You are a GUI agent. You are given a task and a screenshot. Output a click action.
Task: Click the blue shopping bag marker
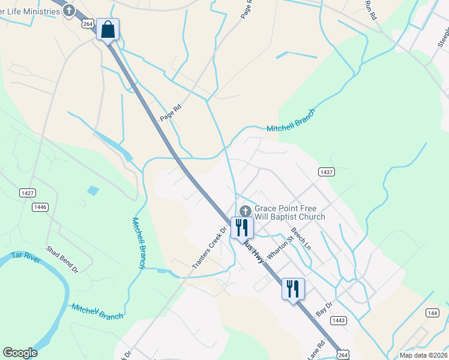[x=108, y=29]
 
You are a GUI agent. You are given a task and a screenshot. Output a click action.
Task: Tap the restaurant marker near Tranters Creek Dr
[x=242, y=227]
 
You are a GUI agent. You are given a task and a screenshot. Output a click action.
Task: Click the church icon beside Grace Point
[x=245, y=211]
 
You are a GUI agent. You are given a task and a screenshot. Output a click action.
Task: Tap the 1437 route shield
[x=326, y=172]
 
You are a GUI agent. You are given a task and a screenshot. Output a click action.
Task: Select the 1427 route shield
[x=27, y=193]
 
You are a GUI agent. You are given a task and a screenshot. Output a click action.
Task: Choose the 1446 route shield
[x=40, y=207]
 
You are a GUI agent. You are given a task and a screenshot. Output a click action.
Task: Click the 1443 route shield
[x=339, y=320]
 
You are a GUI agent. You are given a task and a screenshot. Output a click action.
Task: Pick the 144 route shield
[x=432, y=313]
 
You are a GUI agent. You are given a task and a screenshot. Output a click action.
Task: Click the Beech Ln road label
[x=302, y=238]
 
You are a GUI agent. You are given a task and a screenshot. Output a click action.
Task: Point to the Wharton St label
[x=280, y=247]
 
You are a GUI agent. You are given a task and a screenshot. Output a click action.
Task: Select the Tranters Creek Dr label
[x=209, y=248]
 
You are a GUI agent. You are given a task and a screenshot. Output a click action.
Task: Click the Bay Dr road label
[x=324, y=309]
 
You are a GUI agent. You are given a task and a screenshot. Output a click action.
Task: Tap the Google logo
[x=20, y=353]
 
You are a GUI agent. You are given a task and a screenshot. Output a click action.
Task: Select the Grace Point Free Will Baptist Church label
[x=289, y=212]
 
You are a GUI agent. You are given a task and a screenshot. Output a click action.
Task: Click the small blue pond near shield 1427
[x=92, y=191]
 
